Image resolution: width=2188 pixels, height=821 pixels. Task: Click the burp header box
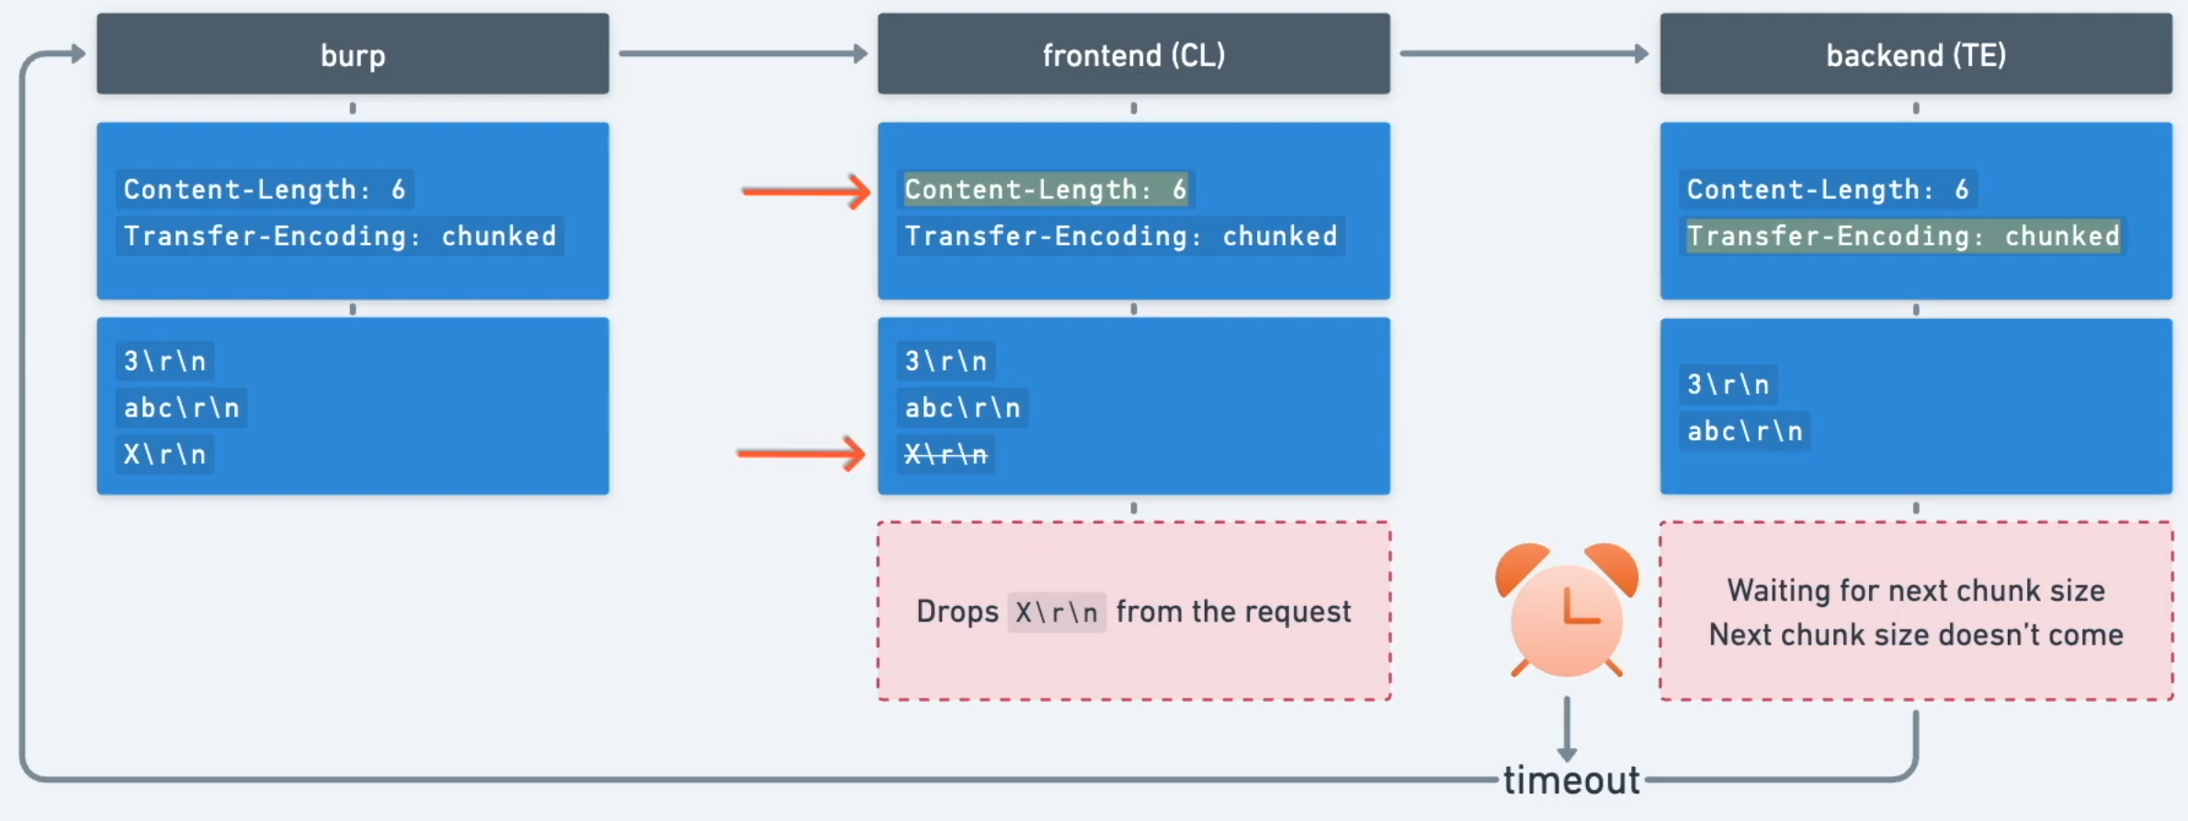[x=353, y=54]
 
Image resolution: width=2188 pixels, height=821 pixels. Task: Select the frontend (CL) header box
[x=1133, y=54]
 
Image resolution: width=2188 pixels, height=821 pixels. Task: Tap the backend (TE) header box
[x=1916, y=54]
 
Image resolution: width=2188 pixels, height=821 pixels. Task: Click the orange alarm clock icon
[x=1567, y=611]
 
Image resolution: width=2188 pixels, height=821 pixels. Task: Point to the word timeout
[x=1571, y=781]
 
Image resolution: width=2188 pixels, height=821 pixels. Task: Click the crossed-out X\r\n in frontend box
[x=946, y=454]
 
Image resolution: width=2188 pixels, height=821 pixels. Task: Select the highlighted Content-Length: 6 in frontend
[x=1046, y=189]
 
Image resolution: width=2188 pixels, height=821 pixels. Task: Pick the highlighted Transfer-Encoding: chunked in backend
[x=1903, y=236]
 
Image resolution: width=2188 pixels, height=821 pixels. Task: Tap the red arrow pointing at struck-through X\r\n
[x=800, y=453]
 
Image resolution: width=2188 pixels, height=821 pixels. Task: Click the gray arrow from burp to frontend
[x=743, y=53]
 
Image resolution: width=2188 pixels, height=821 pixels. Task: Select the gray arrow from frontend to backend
[x=1524, y=53]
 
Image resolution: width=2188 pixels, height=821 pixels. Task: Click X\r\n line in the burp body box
[x=164, y=454]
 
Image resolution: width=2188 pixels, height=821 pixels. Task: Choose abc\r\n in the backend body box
[x=1745, y=431]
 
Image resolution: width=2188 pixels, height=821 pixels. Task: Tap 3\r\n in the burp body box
[x=164, y=360]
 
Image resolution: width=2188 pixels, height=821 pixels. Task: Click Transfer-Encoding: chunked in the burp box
[x=340, y=236]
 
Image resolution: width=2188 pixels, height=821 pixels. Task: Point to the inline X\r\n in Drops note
[x=1057, y=612]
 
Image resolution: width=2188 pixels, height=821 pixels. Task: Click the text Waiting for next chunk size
[x=1916, y=590]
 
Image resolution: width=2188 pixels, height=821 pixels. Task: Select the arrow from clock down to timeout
[x=1567, y=728]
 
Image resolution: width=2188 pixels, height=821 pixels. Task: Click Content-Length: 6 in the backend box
[x=1827, y=189]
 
